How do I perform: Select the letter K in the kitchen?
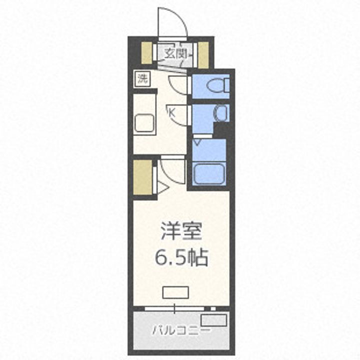tap(171, 113)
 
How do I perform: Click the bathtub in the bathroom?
tap(207, 172)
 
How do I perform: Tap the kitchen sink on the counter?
tap(145, 122)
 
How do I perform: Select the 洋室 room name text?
tap(181, 233)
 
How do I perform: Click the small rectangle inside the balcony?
tap(213, 320)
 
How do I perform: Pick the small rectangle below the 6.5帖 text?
tap(175, 292)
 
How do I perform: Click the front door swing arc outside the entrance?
tap(171, 22)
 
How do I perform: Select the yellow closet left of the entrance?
tap(146, 52)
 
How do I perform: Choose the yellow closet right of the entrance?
tap(203, 52)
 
